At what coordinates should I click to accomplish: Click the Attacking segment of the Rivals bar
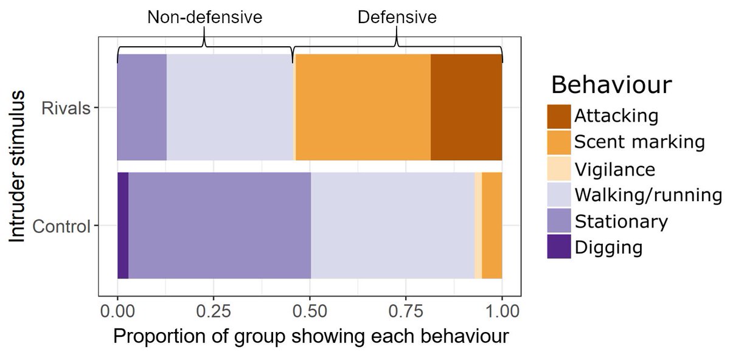(466, 107)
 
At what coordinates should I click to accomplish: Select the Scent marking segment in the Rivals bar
(363, 107)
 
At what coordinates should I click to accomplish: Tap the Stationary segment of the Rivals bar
(142, 107)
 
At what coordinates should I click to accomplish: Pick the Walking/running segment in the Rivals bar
(229, 107)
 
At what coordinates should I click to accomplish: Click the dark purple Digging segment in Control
(123, 226)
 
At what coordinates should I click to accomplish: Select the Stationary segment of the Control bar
(220, 226)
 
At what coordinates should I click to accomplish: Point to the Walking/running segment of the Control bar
(392, 226)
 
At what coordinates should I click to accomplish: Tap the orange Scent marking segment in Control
(492, 226)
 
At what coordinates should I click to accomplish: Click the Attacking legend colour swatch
(559, 116)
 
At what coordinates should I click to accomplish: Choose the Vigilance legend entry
(614, 169)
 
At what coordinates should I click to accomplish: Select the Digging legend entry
(608, 247)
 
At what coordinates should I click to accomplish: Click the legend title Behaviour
(611, 85)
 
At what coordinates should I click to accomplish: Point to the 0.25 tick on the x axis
(214, 312)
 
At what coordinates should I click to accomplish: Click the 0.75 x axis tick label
(406, 312)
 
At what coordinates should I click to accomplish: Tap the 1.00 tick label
(502, 312)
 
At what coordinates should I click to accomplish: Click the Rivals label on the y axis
(65, 108)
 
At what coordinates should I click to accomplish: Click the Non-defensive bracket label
(204, 17)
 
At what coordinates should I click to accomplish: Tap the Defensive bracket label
(397, 17)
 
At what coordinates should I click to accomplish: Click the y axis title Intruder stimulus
(18, 166)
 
